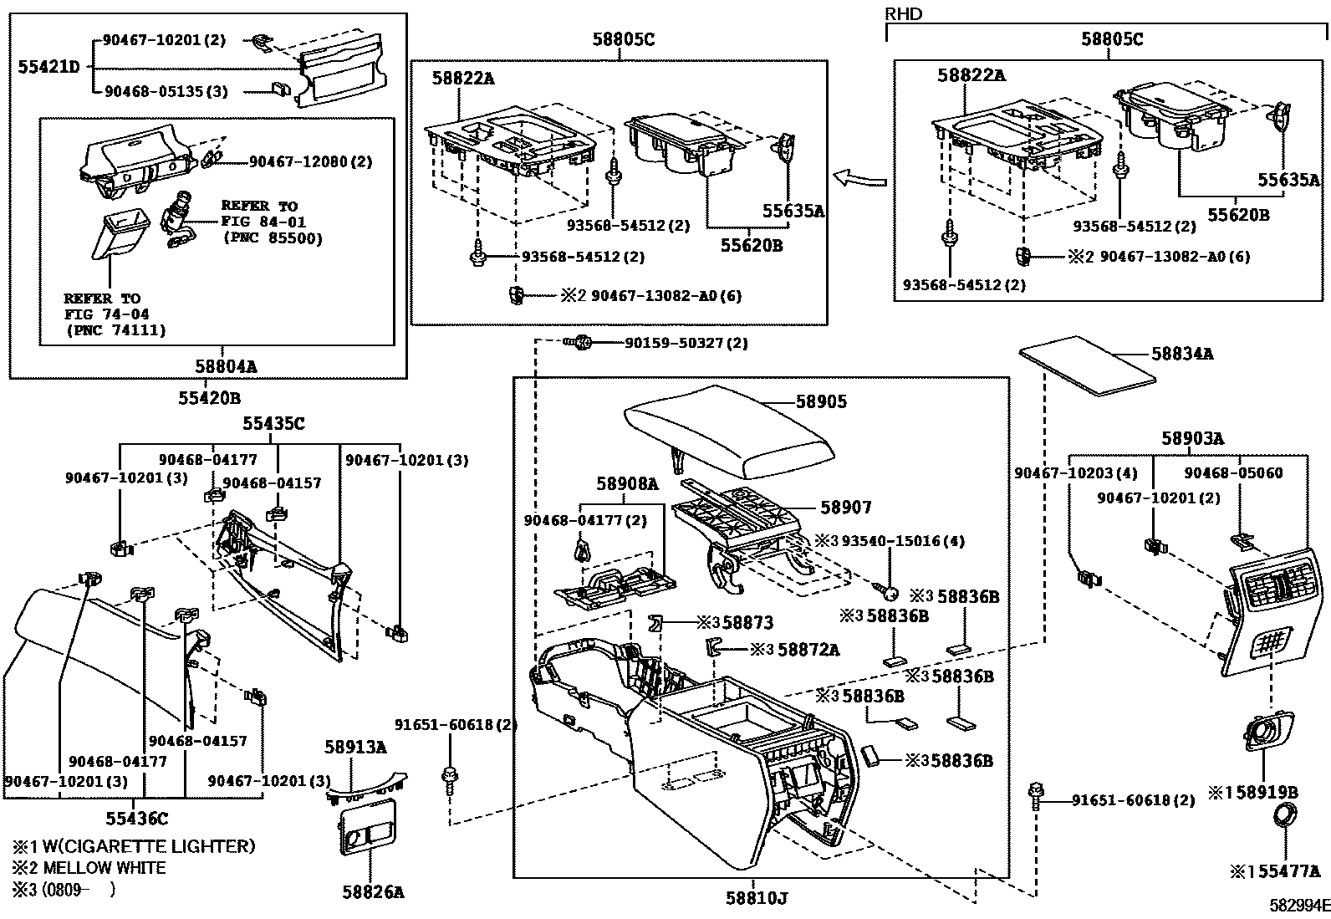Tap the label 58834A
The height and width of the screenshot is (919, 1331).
(1182, 354)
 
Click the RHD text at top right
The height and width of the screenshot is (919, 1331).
(903, 14)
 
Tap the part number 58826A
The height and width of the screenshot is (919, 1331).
(372, 892)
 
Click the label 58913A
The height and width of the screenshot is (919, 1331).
(355, 746)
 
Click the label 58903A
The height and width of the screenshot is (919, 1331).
(1192, 438)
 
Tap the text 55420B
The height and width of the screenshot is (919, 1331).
(209, 398)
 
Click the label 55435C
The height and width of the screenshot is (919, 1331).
(273, 424)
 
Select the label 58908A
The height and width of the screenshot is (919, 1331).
(627, 482)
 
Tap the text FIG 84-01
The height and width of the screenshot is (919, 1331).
(263, 222)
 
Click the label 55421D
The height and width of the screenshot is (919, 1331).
(49, 66)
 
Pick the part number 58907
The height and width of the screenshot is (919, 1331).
(845, 507)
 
